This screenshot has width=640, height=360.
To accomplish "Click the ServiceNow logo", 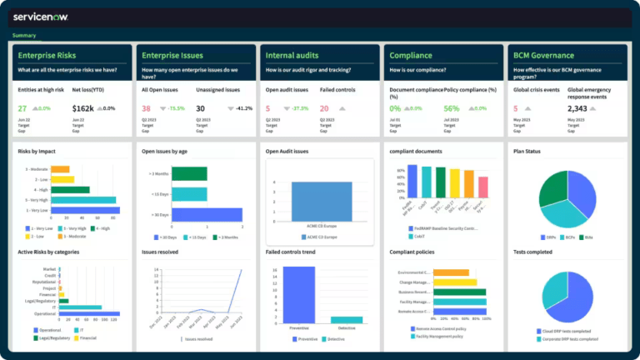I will click(x=42, y=16).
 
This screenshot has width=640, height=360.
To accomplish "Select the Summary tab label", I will click(x=24, y=35).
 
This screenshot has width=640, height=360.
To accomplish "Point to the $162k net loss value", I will click(x=83, y=108).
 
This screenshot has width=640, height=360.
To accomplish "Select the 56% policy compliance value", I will click(x=452, y=108).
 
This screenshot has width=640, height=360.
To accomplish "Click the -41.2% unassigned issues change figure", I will click(x=243, y=108).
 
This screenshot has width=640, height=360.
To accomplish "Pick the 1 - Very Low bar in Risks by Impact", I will click(x=85, y=210).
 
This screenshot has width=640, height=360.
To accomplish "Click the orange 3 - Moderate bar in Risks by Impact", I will click(x=60, y=169).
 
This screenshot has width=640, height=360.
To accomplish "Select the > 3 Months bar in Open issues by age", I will click(x=189, y=173).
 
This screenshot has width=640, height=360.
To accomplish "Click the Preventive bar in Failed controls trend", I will click(x=299, y=294).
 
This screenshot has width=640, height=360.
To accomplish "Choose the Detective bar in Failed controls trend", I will click(x=347, y=319).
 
